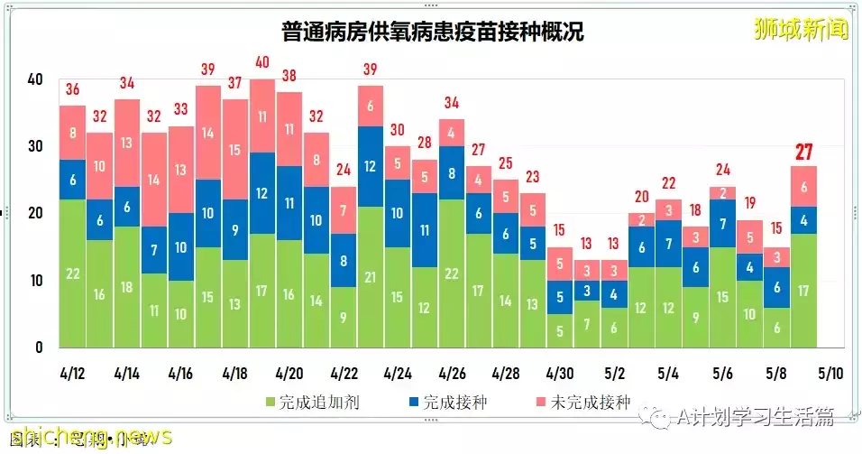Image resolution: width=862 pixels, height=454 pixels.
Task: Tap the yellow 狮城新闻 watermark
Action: coord(801,30)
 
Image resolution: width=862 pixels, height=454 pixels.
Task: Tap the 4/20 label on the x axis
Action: coord(289,372)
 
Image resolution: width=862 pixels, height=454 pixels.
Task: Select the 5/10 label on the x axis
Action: coord(830,372)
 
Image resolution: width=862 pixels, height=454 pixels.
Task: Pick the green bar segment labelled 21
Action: coord(371,276)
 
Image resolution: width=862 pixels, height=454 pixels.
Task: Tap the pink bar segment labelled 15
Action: coord(235,150)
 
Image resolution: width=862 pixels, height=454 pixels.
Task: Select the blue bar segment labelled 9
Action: coord(235,230)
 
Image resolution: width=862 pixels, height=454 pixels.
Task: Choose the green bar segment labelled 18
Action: coord(126,287)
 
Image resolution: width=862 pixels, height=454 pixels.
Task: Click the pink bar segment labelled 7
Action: coord(344,210)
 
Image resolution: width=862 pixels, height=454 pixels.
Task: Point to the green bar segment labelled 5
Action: coord(560,330)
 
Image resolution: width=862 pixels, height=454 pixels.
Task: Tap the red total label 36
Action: coord(72,89)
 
